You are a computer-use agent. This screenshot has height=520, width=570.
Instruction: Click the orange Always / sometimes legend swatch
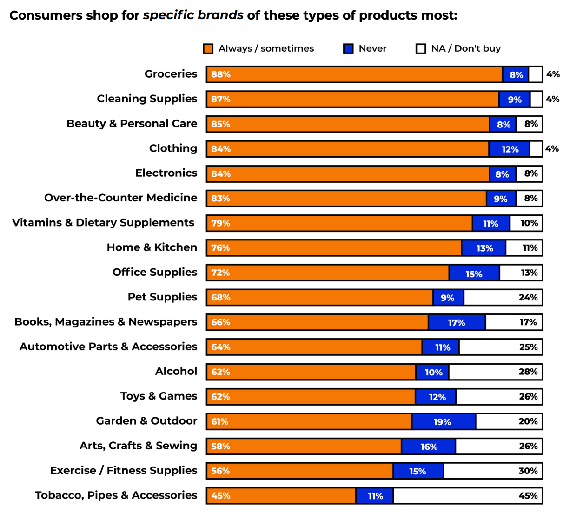208,49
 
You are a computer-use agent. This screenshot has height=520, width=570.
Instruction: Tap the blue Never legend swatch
348,49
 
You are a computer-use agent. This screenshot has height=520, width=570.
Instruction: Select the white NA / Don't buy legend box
421,49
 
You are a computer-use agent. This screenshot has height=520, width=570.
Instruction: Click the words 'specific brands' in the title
193,15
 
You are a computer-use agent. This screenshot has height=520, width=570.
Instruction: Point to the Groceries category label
171,74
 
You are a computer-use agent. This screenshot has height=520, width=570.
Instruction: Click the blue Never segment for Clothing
509,149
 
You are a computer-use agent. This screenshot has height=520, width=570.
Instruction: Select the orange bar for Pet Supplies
320,298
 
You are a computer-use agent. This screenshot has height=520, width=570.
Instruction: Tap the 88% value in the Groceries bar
221,74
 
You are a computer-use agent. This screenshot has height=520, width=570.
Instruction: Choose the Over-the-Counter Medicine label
120,198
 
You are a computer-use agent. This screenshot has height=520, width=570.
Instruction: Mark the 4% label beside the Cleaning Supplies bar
552,99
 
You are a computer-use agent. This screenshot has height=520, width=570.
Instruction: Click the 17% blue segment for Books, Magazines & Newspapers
457,323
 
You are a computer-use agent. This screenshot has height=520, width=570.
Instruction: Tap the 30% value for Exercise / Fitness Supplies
528,471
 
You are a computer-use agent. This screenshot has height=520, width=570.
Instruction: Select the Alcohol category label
176,371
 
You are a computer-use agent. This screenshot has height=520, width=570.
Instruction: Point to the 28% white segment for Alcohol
495,372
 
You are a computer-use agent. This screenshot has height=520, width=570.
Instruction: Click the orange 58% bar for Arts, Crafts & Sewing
304,447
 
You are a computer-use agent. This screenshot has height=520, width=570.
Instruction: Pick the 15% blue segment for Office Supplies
474,273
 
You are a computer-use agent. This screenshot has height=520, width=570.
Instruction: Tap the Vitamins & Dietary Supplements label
103,223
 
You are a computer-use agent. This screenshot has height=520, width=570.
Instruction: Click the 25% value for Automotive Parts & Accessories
528,347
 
